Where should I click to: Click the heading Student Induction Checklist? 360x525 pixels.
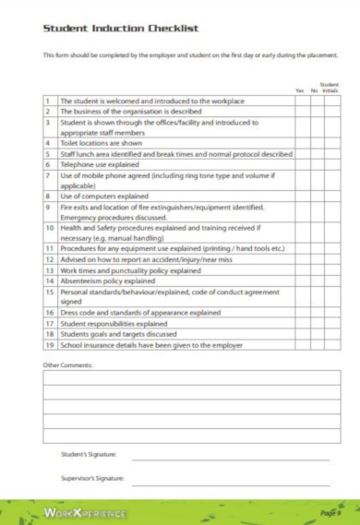(120, 30)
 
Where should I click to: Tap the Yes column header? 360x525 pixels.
(300, 90)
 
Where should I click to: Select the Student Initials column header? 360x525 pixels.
(330, 88)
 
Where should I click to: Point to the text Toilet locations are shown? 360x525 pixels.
(102, 144)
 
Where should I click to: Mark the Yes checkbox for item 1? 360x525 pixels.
(300, 101)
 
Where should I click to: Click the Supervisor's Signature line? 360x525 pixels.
(231, 483)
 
